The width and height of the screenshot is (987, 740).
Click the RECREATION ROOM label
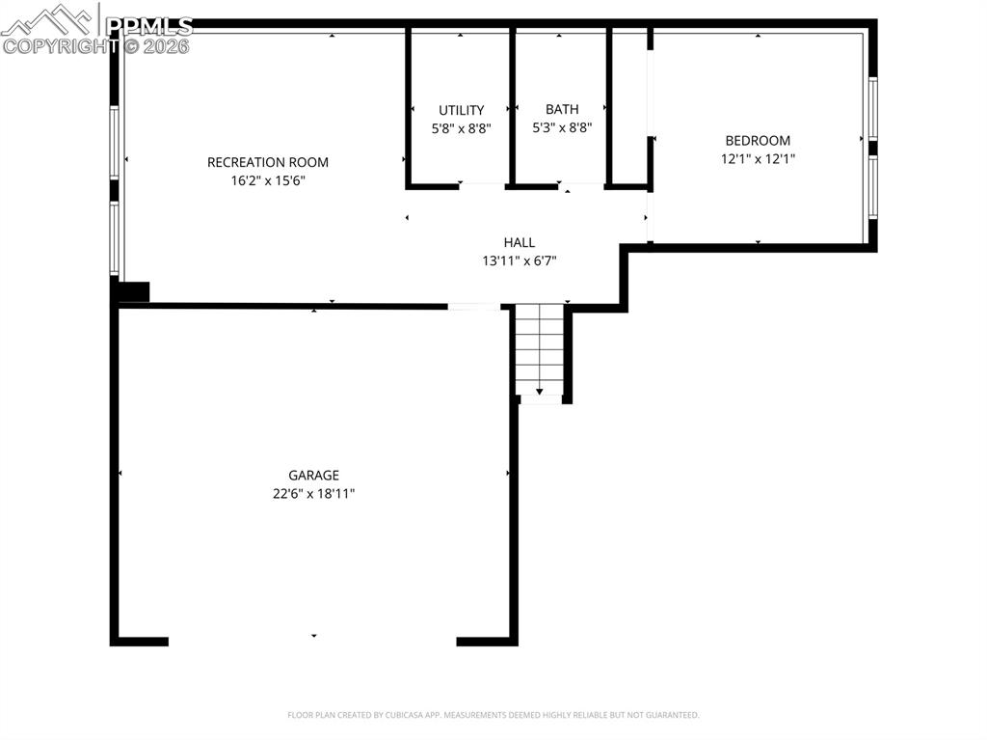point(268,162)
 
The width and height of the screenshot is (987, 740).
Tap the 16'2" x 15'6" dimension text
point(268,180)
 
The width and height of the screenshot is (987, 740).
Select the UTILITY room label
point(461,110)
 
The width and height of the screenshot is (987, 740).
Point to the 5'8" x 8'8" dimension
point(461,127)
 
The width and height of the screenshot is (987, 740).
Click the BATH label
point(562,109)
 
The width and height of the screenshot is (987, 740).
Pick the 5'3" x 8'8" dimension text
point(562,126)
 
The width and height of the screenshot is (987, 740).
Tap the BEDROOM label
point(758,141)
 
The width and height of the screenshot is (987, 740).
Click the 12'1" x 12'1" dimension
point(758,159)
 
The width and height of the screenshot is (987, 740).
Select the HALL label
point(519,242)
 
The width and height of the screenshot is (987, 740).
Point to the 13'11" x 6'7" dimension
point(520,260)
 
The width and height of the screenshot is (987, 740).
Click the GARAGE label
point(313,475)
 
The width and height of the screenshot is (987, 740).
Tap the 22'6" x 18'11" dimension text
point(313,493)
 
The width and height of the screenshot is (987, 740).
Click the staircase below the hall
point(539,347)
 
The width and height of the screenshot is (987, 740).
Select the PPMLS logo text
point(149,26)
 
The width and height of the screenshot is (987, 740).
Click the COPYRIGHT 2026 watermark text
point(96,45)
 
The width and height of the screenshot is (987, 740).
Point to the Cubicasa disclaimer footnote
point(493,715)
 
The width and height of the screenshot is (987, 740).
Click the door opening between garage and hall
point(474,307)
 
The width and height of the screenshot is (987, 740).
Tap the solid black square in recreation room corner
point(132,291)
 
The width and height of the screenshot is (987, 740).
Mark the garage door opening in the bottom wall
point(312,640)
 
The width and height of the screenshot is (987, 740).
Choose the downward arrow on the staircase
point(539,391)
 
